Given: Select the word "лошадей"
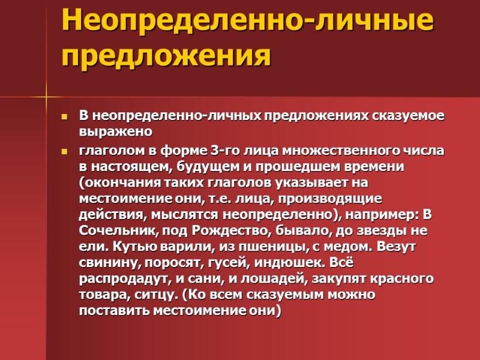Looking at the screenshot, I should coord(293,279).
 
